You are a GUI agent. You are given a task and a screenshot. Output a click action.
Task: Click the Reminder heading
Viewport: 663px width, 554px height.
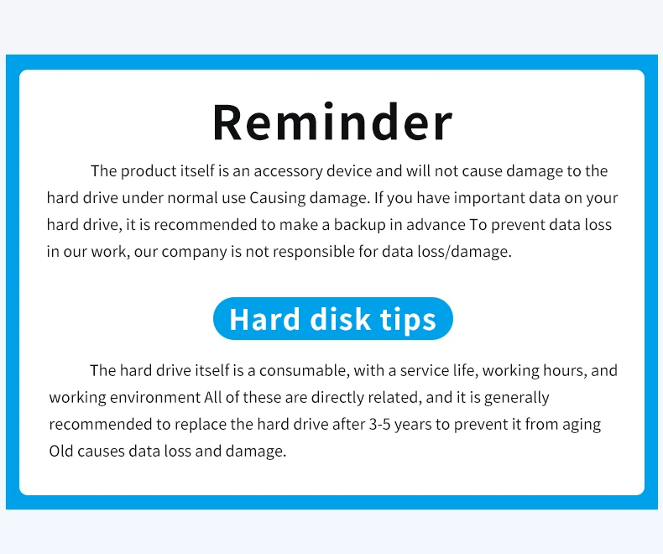pyautogui.click(x=332, y=122)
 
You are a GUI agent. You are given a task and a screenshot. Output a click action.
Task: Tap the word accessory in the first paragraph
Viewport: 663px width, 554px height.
pyautogui.click(x=289, y=171)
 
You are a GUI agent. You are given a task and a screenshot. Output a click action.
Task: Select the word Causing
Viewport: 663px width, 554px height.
pyautogui.click(x=278, y=198)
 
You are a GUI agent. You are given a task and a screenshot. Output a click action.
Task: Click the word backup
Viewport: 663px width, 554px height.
pyautogui.click(x=359, y=225)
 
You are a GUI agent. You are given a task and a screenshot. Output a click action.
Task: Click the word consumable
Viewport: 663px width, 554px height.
pyautogui.click(x=304, y=370)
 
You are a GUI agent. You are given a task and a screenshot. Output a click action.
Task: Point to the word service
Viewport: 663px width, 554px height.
pyautogui.click(x=425, y=370)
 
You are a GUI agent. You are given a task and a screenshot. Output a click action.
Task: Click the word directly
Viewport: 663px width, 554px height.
pyautogui.click(x=337, y=398)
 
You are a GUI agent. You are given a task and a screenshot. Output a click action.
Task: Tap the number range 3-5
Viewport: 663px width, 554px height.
pyautogui.click(x=379, y=424)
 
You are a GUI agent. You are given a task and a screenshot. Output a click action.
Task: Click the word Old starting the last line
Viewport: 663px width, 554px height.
pyautogui.click(x=61, y=452)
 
